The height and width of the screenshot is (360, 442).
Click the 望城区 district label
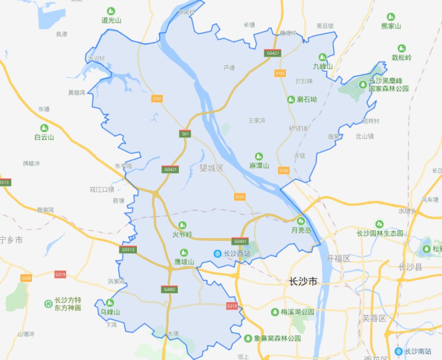point(211,168)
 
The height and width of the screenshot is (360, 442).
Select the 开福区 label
point(338,259)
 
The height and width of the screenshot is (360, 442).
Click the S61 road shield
point(185,133)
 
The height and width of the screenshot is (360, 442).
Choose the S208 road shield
point(26,278)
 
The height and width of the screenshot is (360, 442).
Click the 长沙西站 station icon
point(217,254)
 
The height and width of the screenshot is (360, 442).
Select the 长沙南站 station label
point(418,351)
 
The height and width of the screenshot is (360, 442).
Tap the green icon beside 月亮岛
point(301,221)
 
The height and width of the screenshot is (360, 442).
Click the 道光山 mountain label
point(111,20)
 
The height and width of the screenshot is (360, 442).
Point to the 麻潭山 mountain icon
point(259,156)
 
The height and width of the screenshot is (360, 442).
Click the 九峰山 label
point(323,66)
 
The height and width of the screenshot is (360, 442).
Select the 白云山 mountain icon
point(44,128)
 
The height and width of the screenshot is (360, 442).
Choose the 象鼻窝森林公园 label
point(279,338)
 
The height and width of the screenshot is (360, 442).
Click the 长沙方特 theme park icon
point(48,303)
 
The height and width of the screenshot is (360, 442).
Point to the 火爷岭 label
point(182,234)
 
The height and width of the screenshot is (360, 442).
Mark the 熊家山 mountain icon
point(391,17)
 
